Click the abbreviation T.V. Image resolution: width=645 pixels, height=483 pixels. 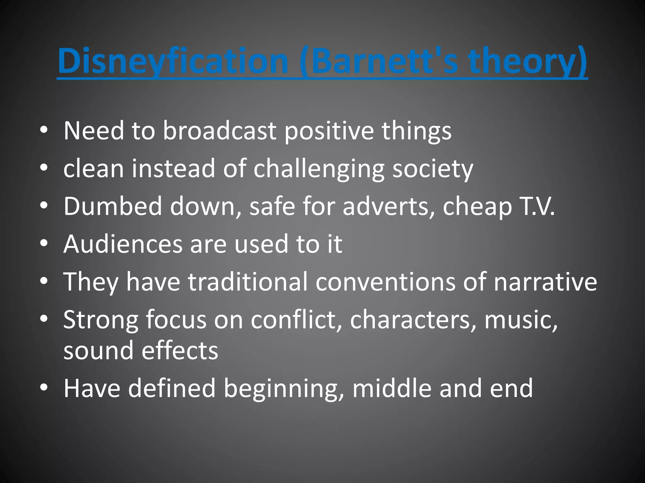pos(537,206)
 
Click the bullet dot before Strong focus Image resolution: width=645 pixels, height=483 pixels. pos(44,319)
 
